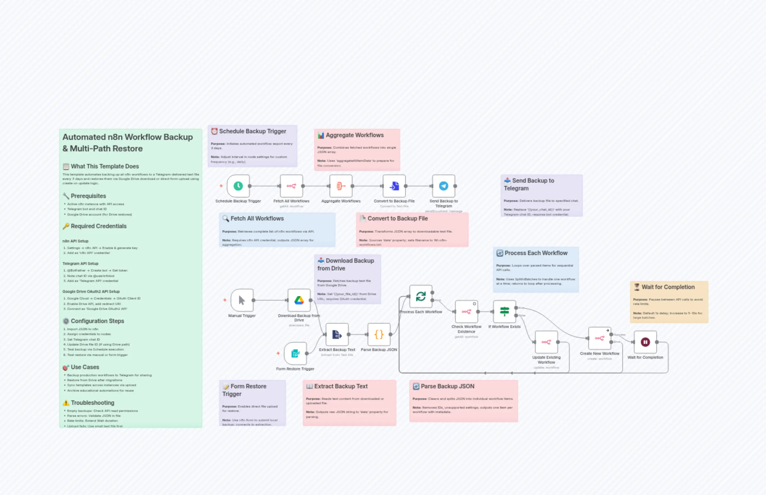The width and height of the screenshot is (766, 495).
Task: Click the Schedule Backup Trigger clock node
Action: [238, 186]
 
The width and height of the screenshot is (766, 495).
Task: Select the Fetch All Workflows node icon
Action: [291, 186]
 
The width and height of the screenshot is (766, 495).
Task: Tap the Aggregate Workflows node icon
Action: [341, 186]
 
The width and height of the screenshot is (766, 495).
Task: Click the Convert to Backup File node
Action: [394, 186]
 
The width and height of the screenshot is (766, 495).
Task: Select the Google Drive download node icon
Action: [299, 300]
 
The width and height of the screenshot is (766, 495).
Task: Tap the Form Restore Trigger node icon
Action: [295, 353]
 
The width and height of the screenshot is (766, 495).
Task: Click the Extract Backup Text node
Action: [337, 334]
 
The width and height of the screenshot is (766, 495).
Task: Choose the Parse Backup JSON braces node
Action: [379, 334]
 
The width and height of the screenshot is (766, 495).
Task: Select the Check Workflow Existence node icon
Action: [466, 312]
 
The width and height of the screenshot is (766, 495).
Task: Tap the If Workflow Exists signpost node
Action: [504, 312]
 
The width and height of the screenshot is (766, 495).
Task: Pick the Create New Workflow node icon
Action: [599, 338]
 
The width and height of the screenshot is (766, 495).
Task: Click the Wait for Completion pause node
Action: [645, 342]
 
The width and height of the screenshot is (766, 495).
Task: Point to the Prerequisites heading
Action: [88, 196]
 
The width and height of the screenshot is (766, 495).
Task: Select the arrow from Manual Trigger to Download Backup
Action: [270, 300]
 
